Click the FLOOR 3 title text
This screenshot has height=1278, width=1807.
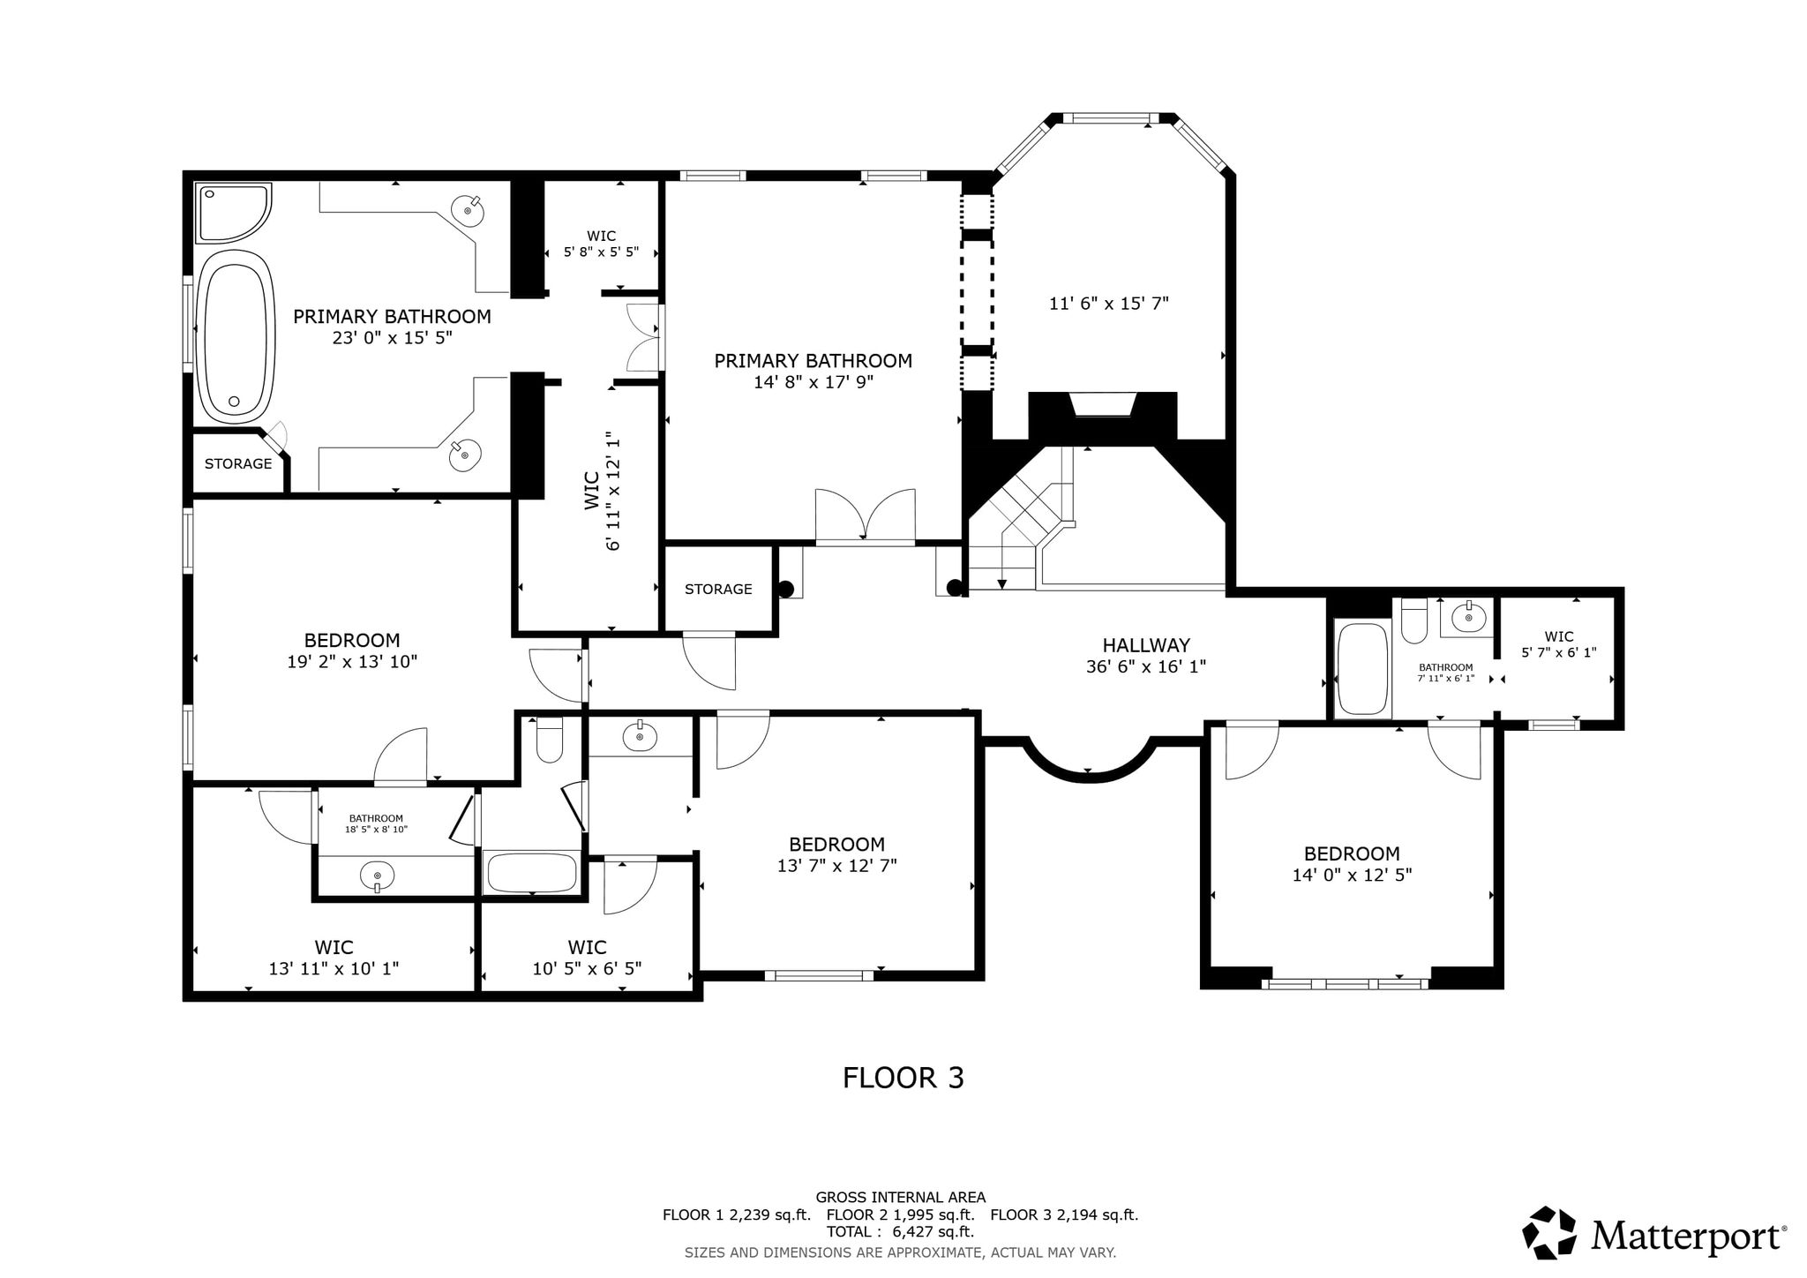[x=903, y=1078]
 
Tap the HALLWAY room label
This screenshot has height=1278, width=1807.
[x=1146, y=645]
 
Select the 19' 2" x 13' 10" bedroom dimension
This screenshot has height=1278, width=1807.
[x=352, y=661]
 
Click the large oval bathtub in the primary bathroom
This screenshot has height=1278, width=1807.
[x=234, y=335]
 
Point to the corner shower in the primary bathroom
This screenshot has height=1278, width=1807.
[x=232, y=212]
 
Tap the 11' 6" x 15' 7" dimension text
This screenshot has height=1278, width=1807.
[x=1109, y=304]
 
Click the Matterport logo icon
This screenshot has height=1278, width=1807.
[x=1549, y=1233]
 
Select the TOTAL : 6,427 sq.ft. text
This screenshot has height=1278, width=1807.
[x=900, y=1232]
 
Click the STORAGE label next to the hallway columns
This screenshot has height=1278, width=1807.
[x=718, y=589]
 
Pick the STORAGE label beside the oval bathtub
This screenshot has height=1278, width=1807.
[x=238, y=463]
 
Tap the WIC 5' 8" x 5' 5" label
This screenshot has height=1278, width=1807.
[x=602, y=244]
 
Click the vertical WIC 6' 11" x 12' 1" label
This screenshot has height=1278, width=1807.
[x=602, y=491]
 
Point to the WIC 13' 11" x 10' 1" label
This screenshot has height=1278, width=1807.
[x=334, y=958]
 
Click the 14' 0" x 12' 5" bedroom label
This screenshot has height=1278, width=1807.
[x=1352, y=864]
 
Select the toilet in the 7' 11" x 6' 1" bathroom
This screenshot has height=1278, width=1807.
[x=1414, y=620]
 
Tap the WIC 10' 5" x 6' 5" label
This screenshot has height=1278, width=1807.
[x=587, y=958]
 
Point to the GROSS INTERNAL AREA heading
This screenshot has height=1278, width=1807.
[x=900, y=1198]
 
